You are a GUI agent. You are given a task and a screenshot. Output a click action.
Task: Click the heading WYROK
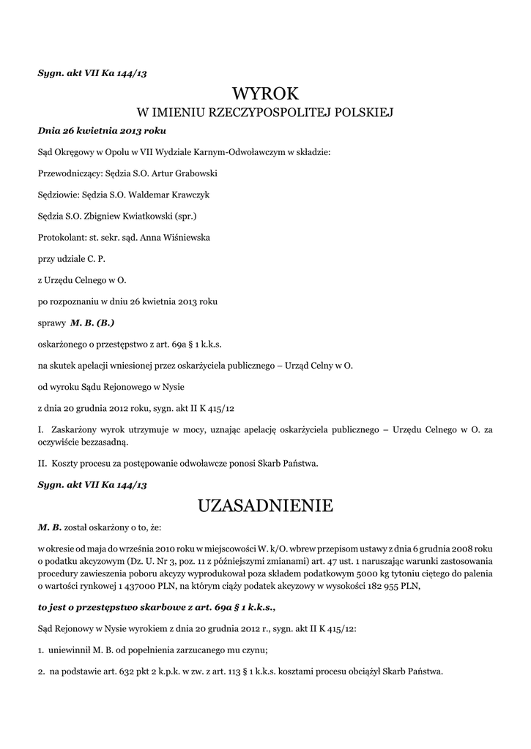(266, 94)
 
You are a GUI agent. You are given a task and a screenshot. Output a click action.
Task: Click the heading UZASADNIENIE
(265, 505)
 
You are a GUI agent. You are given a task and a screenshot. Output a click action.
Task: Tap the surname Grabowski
(193, 174)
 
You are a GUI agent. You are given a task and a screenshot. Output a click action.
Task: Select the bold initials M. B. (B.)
(92, 322)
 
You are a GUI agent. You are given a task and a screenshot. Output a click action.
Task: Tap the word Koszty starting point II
(67, 463)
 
